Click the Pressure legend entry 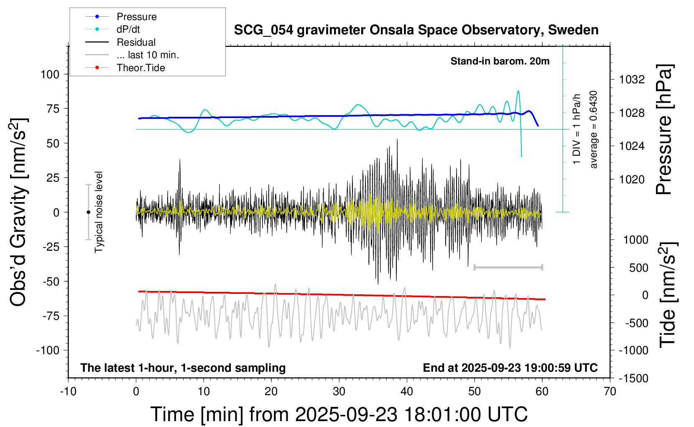136,17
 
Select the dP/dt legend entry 128,29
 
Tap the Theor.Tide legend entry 140,68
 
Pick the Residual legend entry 136,42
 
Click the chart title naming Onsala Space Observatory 416,30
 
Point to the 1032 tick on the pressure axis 632,80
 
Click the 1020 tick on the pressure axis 632,180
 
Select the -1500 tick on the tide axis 633,378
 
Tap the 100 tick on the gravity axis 50,75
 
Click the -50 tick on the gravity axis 51,281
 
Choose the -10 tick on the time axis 68,392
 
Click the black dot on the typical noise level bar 88,212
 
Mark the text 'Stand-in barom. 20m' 500,61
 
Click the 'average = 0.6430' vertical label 593,129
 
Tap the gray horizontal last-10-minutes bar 508,267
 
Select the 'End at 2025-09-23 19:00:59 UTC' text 510,368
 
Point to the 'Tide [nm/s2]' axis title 668,295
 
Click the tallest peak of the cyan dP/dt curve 518,91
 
